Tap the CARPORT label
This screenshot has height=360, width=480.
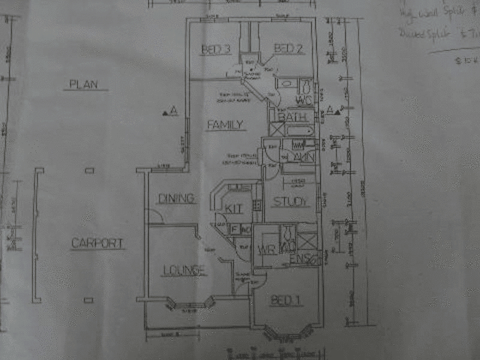97,244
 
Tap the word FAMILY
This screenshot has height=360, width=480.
225,125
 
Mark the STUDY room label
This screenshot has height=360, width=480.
290,202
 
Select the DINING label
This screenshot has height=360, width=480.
176,198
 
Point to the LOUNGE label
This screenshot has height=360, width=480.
184,271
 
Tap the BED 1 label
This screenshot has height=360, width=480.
284,301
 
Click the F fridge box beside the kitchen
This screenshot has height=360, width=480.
235,229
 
